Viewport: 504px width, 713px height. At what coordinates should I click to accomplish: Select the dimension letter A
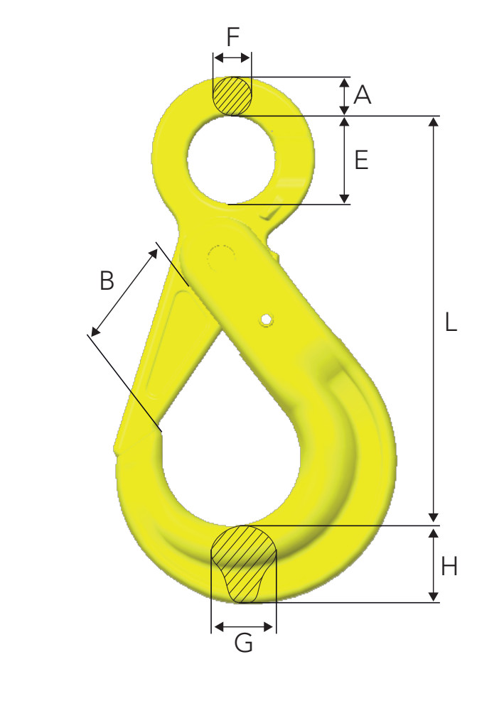coord(363,94)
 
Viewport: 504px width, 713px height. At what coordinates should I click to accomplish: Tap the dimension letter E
coord(361,160)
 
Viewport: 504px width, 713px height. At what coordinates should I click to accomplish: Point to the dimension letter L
coord(451,322)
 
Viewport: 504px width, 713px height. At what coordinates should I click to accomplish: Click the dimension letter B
coord(107,281)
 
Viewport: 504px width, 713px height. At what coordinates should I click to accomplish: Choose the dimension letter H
coord(449,566)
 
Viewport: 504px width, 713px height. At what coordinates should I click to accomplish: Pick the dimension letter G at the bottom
coord(244,643)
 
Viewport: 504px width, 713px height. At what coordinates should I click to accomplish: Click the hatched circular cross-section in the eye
coord(232,95)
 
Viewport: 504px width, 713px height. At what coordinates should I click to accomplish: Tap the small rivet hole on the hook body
coord(266,320)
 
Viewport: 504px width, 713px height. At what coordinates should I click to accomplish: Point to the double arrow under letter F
coord(232,58)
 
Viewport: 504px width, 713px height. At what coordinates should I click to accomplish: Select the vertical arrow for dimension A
coord(344,96)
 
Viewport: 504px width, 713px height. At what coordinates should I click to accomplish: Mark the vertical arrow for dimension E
coord(344,160)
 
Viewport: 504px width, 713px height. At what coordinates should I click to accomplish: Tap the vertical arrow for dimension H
coord(433,565)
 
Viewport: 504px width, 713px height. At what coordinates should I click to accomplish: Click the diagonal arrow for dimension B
coord(124,292)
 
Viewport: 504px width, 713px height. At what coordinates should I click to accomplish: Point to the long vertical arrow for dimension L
coord(433,320)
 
